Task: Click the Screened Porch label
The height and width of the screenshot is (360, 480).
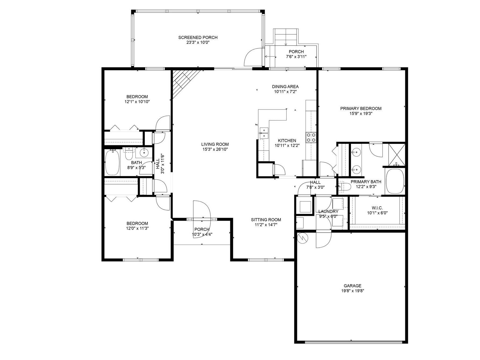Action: tap(198, 37)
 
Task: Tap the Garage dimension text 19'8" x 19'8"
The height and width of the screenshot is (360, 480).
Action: tap(352, 291)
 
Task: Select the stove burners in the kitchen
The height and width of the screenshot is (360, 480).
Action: tap(311, 137)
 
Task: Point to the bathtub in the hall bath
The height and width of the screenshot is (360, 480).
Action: tap(112, 163)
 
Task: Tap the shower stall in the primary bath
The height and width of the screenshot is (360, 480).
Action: tap(397, 155)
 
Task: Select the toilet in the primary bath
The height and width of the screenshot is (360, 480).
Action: tap(344, 186)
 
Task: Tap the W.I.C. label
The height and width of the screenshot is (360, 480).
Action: tap(377, 208)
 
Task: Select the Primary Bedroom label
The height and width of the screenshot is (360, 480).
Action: tap(361, 108)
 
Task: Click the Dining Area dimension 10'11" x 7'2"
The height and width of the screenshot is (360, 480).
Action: tap(285, 91)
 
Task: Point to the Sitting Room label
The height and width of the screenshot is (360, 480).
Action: tap(266, 220)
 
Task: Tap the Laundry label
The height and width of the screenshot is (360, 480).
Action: tap(328, 211)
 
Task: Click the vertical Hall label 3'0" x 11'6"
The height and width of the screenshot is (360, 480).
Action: tap(160, 164)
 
